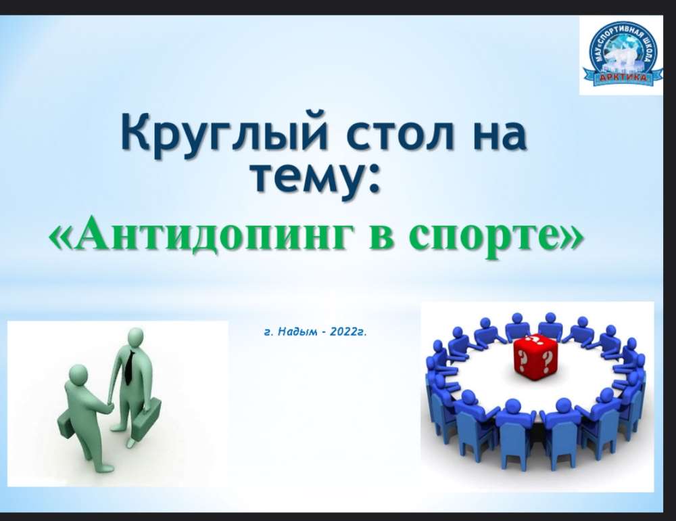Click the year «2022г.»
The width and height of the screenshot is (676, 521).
347,332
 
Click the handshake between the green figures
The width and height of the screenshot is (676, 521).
109,407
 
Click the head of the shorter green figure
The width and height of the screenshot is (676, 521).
78,373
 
